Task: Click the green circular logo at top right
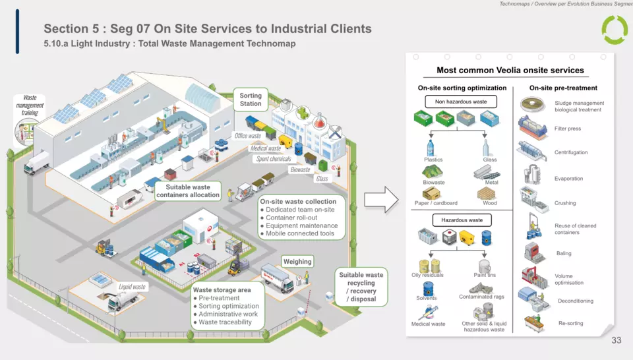(x=615, y=30)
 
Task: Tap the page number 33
(x=617, y=340)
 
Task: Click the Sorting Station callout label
(x=251, y=100)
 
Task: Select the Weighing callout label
(x=297, y=262)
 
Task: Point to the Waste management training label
(x=30, y=105)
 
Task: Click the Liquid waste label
(x=132, y=287)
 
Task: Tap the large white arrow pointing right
(x=382, y=198)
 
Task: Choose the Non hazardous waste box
(x=461, y=102)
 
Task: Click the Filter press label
(x=567, y=129)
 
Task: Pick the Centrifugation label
(x=570, y=152)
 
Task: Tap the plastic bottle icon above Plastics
(x=431, y=147)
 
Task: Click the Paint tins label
(x=485, y=275)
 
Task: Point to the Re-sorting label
(x=570, y=323)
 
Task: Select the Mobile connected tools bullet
(x=300, y=233)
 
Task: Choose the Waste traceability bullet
(x=225, y=322)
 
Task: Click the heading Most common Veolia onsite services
(x=510, y=71)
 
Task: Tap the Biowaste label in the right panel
(x=433, y=183)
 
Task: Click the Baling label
(x=563, y=253)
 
